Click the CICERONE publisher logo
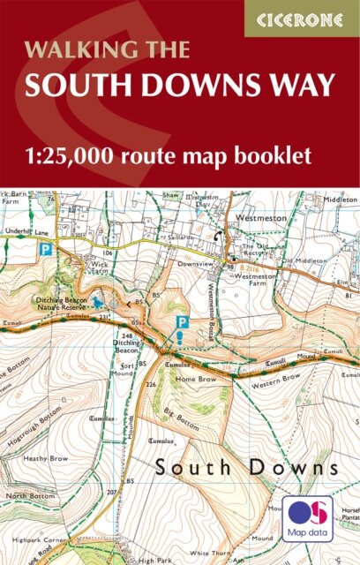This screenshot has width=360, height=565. (302, 19)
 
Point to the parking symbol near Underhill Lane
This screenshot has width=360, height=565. (45, 250)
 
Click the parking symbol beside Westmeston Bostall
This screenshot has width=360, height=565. (182, 324)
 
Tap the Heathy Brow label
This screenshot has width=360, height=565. (46, 459)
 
